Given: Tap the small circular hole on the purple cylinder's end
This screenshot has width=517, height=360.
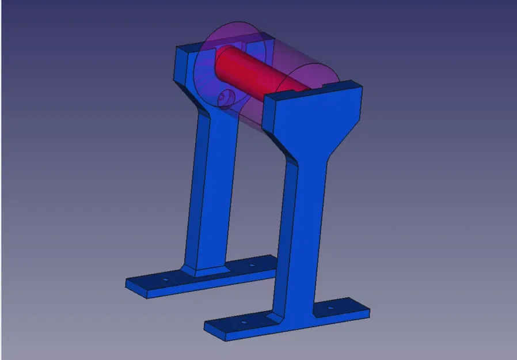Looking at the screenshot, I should pyautogui.click(x=225, y=98).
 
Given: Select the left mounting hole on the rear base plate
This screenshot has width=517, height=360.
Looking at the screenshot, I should pyautogui.click(x=165, y=280).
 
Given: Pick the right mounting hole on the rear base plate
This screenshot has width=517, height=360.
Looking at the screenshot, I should pyautogui.click(x=252, y=266).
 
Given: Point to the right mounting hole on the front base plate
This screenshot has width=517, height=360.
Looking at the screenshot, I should pyautogui.click(x=330, y=308).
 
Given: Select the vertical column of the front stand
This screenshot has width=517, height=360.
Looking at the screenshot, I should pyautogui.click(x=310, y=230).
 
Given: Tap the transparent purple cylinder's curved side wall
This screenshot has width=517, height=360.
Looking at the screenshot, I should pyautogui.click(x=288, y=58).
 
